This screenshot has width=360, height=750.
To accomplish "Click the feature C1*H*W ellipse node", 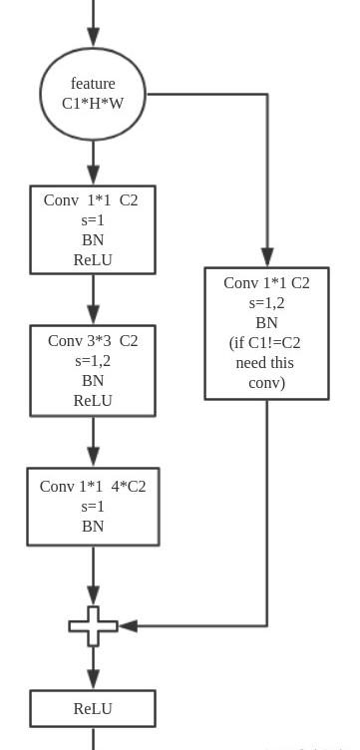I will pyautogui.click(x=93, y=94).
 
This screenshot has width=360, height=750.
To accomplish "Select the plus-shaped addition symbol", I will pyautogui.click(x=93, y=626).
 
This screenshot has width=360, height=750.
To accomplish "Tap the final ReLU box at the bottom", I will pyautogui.click(x=93, y=708).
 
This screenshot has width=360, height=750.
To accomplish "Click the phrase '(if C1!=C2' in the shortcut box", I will pyautogui.click(x=265, y=342).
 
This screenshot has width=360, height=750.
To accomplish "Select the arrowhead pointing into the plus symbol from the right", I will pyautogui.click(x=128, y=626).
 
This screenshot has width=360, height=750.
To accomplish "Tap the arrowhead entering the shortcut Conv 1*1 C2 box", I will pyautogui.click(x=267, y=257).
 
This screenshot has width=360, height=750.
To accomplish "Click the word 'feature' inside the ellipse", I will pyautogui.click(x=93, y=84).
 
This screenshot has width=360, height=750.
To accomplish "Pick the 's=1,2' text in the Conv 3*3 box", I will pyautogui.click(x=93, y=360).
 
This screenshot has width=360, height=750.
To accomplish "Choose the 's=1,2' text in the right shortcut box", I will pyautogui.click(x=266, y=302).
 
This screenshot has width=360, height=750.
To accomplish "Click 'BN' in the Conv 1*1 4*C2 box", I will pyautogui.click(x=93, y=526).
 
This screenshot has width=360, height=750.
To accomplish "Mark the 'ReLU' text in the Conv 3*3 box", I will pyautogui.click(x=93, y=400).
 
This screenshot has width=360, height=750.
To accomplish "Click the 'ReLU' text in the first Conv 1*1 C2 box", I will pyautogui.click(x=93, y=259).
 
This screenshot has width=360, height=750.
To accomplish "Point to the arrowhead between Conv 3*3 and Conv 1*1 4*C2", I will pyautogui.click(x=93, y=456).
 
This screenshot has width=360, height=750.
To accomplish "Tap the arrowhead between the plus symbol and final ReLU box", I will pyautogui.click(x=93, y=679).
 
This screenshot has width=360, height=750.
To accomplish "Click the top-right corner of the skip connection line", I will pyautogui.click(x=267, y=95).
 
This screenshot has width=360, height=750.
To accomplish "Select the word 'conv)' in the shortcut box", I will pyautogui.click(x=266, y=382).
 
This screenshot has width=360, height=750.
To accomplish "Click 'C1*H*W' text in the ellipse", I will pyautogui.click(x=93, y=103).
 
